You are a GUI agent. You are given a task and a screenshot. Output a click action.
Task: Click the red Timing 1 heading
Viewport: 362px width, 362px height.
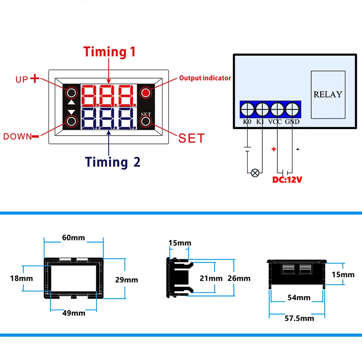pyautogui.click(x=110, y=52)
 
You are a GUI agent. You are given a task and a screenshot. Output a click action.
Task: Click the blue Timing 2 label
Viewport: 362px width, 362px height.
pyautogui.click(x=112, y=162)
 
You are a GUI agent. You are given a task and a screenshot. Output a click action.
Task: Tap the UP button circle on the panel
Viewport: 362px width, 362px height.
pyautogui.click(x=72, y=93)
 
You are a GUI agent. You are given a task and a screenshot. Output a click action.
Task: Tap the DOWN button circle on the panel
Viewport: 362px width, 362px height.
pyautogui.click(x=72, y=121)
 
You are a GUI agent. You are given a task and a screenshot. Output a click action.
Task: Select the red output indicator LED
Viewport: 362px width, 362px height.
pyautogui.click(x=146, y=93)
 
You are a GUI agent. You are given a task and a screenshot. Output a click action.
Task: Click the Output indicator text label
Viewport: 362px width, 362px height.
pyautogui.click(x=205, y=78)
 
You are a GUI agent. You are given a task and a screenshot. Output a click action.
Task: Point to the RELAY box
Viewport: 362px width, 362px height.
pyautogui.click(x=328, y=94)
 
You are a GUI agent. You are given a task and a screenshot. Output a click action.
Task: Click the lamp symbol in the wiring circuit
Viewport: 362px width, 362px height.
pyautogui.click(x=255, y=173)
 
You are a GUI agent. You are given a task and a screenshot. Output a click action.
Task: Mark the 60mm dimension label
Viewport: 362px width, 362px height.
pyautogui.click(x=73, y=238)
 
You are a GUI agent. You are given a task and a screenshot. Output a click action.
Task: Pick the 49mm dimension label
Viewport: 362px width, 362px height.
pyautogui.click(x=73, y=313)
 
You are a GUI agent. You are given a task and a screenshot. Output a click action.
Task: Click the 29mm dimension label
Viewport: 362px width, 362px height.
pyautogui.click(x=126, y=280)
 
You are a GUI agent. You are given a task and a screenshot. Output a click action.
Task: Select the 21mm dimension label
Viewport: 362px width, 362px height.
pyautogui.click(x=212, y=278)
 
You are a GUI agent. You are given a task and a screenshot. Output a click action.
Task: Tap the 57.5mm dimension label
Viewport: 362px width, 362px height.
pyautogui.click(x=297, y=318)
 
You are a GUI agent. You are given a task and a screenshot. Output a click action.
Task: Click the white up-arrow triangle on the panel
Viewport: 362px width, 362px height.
pyautogui.click(x=72, y=103)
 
